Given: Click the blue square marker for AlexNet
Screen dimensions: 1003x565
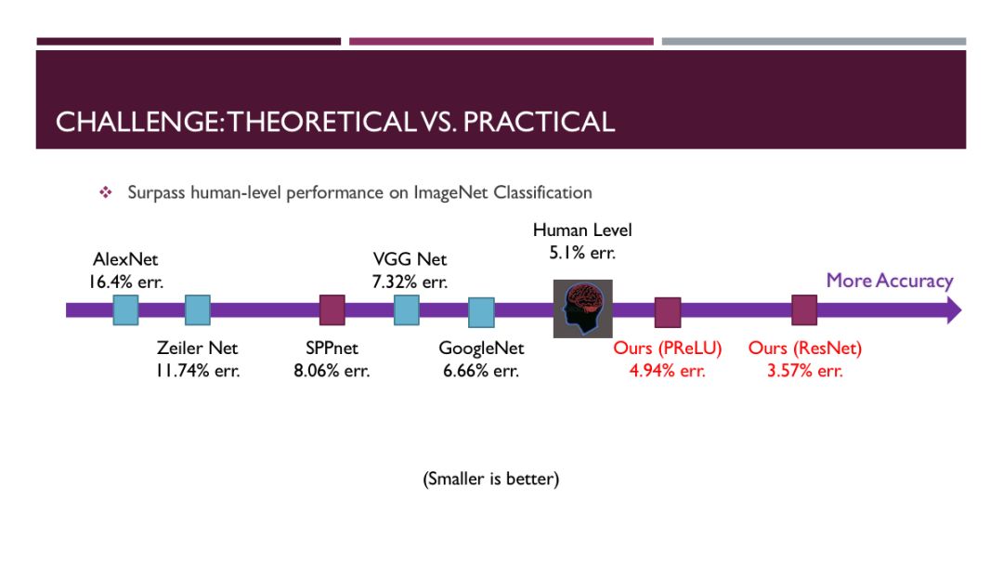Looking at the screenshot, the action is coord(125,309).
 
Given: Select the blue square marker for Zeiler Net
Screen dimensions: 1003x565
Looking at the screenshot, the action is coord(197,309).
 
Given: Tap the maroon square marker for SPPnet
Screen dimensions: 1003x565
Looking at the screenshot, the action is coord(332,309).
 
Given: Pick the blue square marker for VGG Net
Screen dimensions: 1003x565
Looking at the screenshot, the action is coord(406,309).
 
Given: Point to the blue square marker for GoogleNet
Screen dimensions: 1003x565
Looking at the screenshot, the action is coord(480,312).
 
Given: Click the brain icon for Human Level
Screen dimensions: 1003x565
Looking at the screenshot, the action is coord(582,309).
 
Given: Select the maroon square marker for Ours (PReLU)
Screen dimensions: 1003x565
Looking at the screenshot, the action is coord(667,312).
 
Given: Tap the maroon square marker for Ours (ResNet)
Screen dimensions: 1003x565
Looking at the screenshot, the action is coord(804,309).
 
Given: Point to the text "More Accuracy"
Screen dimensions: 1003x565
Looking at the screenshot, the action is coord(889,281).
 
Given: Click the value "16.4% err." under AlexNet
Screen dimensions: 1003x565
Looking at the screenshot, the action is coord(126,282).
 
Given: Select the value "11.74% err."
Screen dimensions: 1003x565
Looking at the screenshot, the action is coord(197,371).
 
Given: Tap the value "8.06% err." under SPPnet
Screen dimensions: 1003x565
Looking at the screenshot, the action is coord(332,371).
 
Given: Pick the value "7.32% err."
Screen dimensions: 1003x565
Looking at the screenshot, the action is coord(410,282).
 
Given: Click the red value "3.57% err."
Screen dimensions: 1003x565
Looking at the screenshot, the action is coord(804,372).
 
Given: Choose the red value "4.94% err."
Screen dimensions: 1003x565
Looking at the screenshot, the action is coord(667,372).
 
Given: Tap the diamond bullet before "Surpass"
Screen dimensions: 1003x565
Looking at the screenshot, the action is coord(105,192).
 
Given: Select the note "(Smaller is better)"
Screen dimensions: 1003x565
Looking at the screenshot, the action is coord(490,480).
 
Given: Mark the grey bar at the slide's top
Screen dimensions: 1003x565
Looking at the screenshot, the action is coord(814,42).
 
